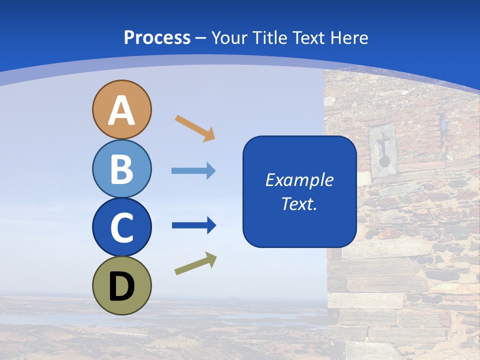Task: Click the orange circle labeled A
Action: point(122,109)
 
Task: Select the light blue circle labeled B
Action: point(122,168)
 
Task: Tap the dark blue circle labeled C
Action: point(122,227)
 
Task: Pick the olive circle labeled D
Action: point(122,285)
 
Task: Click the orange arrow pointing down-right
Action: point(195,128)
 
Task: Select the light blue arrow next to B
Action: point(193,171)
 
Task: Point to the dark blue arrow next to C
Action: point(193,225)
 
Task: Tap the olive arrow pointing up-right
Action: point(195,263)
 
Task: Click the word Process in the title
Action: point(157,37)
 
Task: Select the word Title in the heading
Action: point(269,37)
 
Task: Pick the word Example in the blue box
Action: point(299,180)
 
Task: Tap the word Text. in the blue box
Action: point(299,204)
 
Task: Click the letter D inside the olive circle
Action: point(122,286)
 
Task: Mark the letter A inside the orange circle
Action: point(122,110)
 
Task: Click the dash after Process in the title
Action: point(200,38)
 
